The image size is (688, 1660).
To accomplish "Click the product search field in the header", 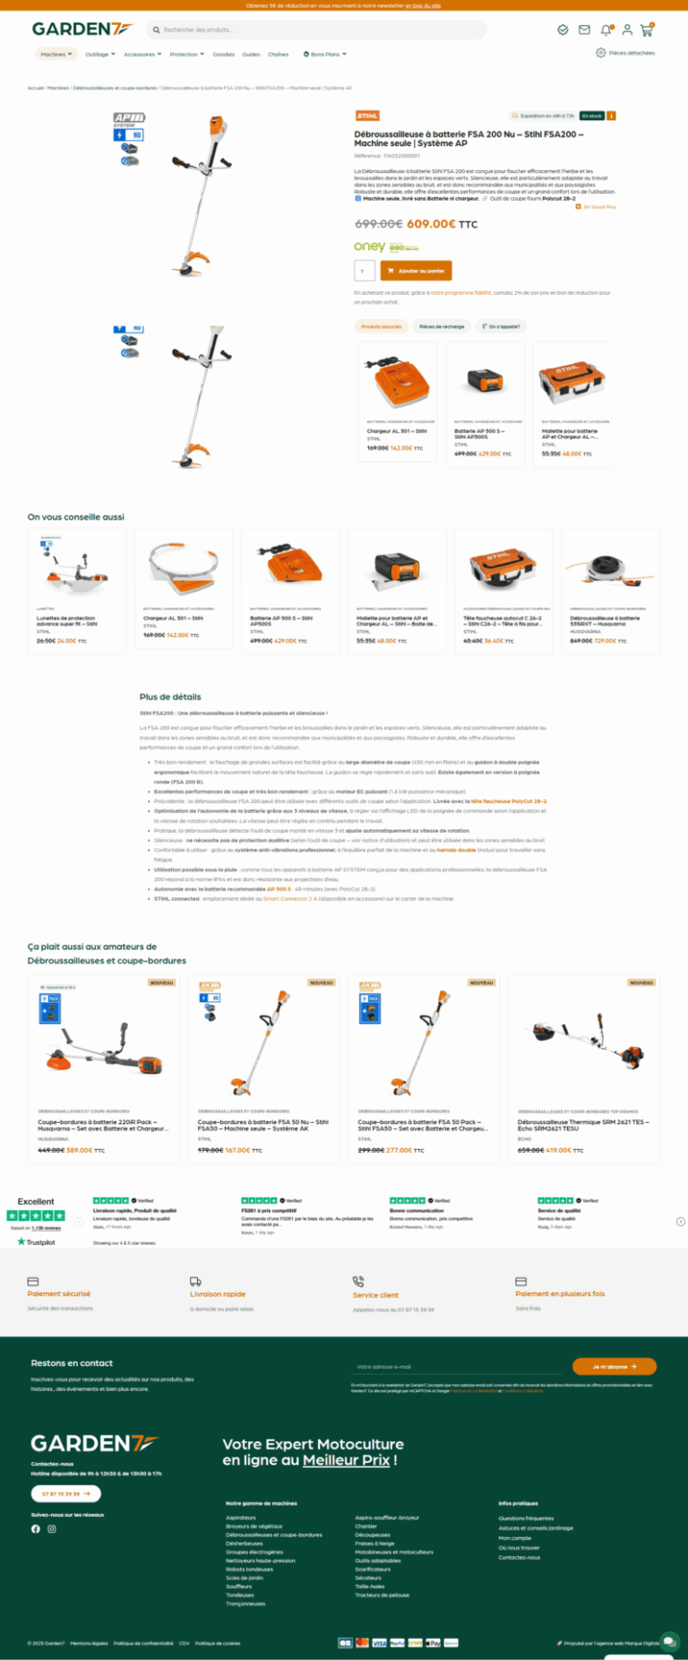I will click(318, 30).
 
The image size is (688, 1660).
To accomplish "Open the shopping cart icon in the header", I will click(646, 30).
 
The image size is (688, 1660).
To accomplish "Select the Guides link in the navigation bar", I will click(251, 55).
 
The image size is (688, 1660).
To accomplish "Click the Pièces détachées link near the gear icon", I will click(631, 53).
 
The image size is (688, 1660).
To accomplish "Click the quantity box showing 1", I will click(364, 271).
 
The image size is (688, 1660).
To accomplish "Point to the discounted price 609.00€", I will click(431, 224).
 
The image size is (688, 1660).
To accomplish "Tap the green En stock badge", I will click(591, 116).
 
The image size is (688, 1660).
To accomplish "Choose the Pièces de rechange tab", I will click(442, 326).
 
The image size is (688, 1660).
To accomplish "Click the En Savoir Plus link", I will click(599, 207).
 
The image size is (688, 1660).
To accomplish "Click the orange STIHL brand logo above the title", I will click(367, 116).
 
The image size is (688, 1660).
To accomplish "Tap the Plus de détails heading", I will click(170, 696).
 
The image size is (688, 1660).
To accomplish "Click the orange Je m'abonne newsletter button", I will click(614, 1367).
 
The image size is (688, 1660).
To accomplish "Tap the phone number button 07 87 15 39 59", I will click(65, 1494).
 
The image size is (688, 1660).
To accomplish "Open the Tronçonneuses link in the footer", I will click(245, 1604).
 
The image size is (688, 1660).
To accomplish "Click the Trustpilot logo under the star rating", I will click(36, 1242).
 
